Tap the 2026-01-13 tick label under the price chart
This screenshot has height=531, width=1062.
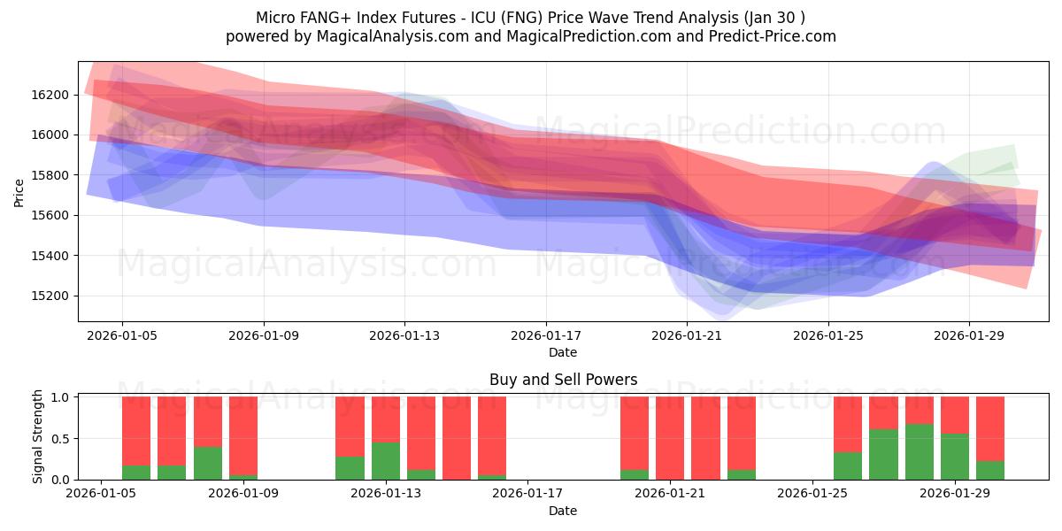click(x=404, y=336)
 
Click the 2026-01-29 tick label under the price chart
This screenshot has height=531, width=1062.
click(x=969, y=336)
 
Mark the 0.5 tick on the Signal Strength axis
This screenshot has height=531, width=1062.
click(x=62, y=439)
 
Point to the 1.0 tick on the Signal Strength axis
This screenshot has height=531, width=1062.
click(x=62, y=397)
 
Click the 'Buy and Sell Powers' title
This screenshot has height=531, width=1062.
click(x=563, y=380)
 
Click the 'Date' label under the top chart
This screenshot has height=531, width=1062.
click(x=563, y=352)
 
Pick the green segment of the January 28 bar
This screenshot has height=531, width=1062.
click(x=920, y=452)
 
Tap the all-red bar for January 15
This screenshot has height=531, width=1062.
click(x=457, y=438)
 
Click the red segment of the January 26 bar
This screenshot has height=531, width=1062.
click(x=848, y=424)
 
